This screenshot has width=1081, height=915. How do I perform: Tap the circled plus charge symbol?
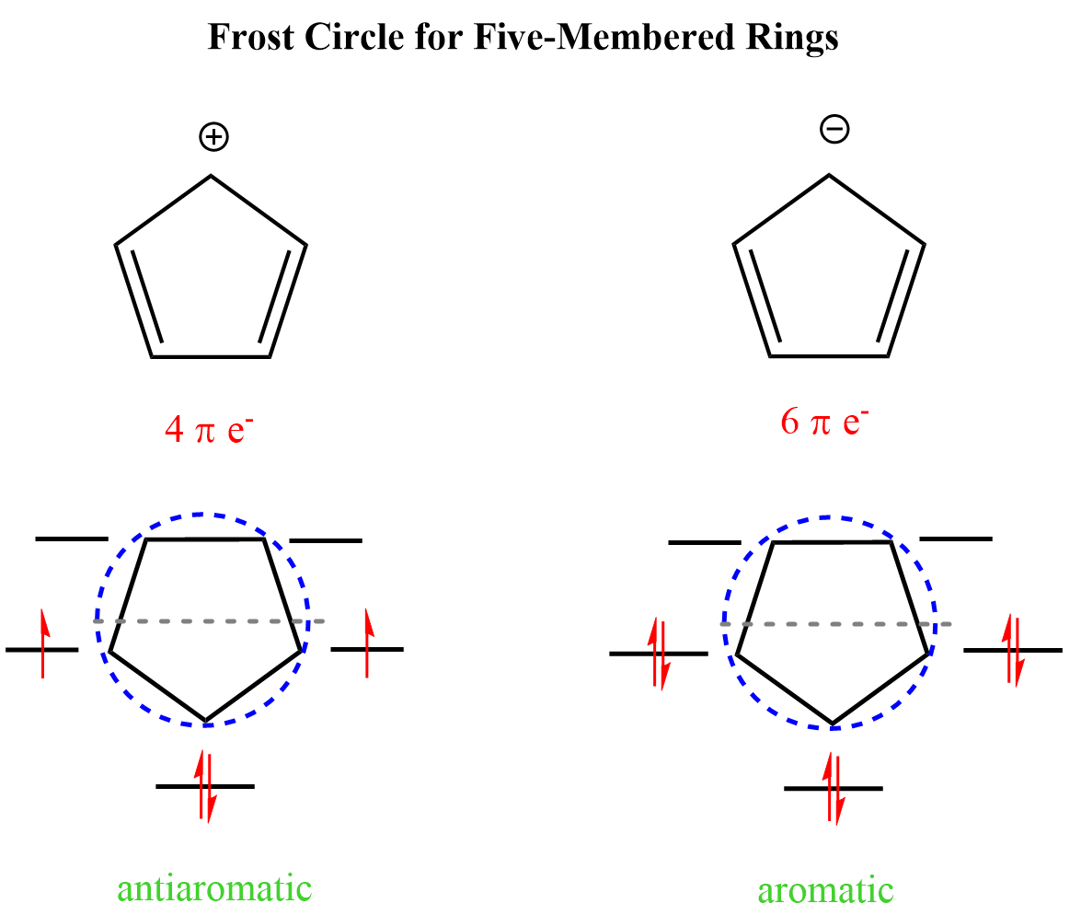tap(213, 137)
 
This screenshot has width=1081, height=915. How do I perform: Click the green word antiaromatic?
tap(214, 888)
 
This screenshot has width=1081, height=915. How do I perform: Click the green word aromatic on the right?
tap(825, 891)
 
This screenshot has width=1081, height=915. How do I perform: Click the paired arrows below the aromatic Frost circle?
tap(834, 788)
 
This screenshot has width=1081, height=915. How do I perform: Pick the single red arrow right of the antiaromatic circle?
tap(368, 643)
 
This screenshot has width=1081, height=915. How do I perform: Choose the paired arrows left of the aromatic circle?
tap(658, 653)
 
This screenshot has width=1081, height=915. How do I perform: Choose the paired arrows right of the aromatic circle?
tap(1012, 650)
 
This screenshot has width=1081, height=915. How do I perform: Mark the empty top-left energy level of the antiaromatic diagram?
tap(72, 539)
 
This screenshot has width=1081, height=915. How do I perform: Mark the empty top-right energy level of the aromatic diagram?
tap(956, 538)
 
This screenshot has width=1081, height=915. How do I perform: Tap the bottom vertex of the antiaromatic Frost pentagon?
tap(205, 721)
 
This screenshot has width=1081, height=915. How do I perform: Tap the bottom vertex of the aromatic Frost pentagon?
tap(833, 724)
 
